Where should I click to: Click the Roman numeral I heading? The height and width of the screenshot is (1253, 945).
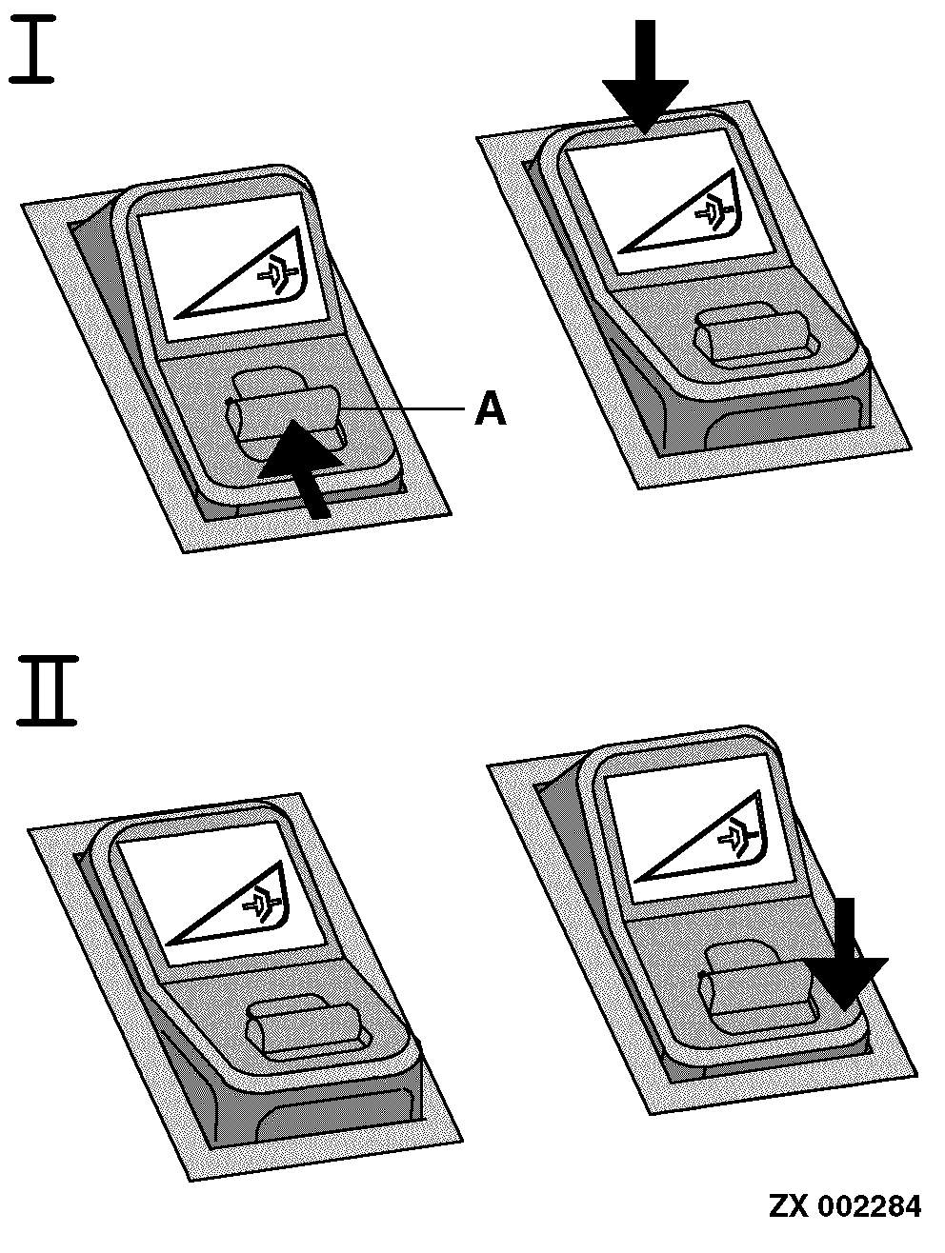click(32, 50)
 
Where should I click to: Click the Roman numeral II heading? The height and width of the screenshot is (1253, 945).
click(47, 690)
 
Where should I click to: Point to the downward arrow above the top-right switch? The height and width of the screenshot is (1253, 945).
click(645, 76)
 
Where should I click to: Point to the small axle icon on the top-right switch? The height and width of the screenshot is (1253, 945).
click(714, 211)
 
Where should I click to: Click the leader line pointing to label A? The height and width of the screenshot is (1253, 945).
click(401, 408)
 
